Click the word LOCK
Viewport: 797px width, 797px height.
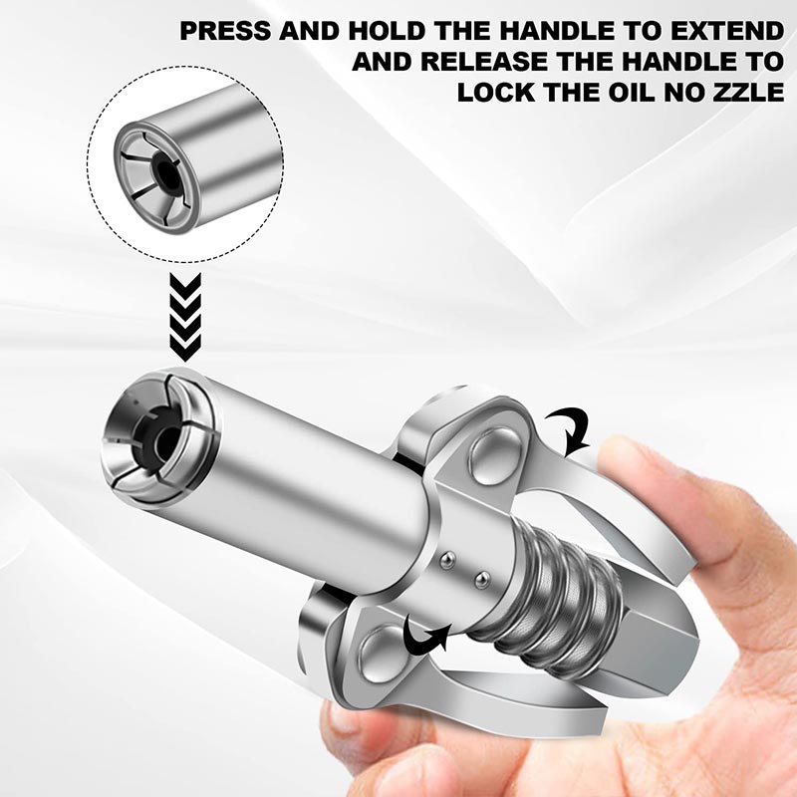499,94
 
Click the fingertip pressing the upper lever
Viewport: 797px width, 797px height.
638,468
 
